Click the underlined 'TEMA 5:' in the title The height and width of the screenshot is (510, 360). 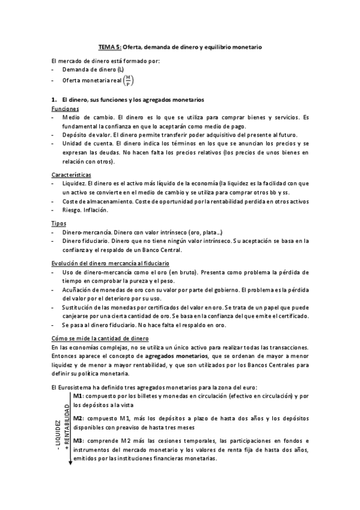110,46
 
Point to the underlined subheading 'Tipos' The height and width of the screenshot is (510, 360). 59,223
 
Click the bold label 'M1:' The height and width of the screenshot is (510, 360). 78,397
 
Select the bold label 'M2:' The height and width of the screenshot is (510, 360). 79,417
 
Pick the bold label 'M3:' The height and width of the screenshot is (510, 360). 79,441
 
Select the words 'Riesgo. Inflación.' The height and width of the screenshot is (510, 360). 85,210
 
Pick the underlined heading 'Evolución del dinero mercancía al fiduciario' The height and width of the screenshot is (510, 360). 110,263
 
